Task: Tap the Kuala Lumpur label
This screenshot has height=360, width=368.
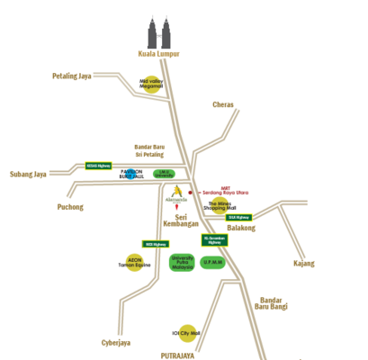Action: (x=158, y=54)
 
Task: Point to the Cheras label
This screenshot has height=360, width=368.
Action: (x=223, y=105)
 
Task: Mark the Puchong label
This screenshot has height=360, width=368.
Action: (x=70, y=207)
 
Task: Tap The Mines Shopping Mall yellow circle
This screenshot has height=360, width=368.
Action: (x=221, y=206)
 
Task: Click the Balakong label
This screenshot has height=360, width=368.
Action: (x=242, y=229)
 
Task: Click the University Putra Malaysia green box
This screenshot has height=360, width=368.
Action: (x=183, y=261)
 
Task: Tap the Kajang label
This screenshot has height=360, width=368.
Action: (x=303, y=264)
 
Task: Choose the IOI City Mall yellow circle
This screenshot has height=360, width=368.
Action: (x=187, y=333)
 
